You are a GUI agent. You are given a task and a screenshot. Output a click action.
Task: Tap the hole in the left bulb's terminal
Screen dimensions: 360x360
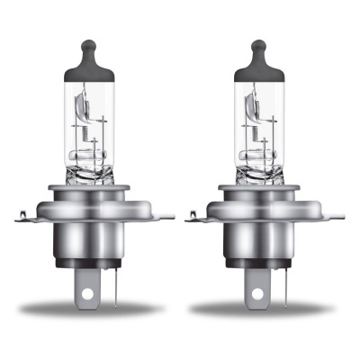[87, 292]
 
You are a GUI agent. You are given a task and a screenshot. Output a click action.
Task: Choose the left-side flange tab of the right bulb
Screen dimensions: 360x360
[195, 216]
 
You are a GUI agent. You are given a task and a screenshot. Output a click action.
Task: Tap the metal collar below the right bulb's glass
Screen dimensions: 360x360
[258, 184]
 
